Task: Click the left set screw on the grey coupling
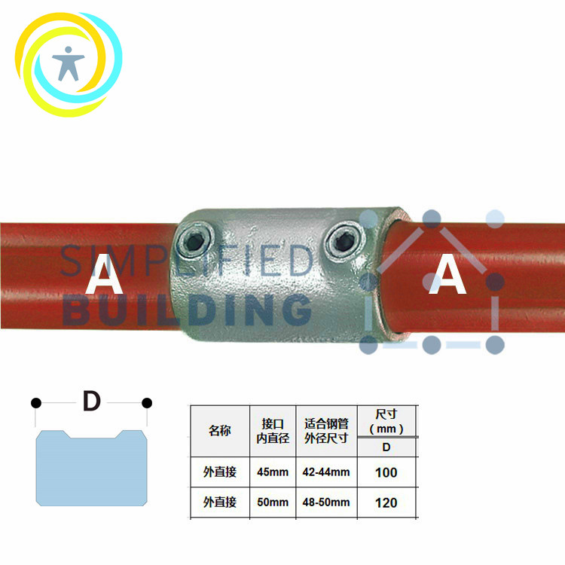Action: coord(194,243)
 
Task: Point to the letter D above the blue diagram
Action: coord(91,402)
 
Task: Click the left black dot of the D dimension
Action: coord(36,403)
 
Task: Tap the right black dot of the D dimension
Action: coord(147,403)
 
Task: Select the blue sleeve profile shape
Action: coord(91,467)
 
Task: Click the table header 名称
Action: coord(219,431)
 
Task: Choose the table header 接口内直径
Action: coord(272,430)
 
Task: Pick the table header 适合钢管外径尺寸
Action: coord(326,430)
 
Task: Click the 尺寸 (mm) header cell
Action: coord(386,421)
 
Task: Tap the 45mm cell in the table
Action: coord(272,472)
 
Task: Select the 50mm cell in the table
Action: coord(272,502)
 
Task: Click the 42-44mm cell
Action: coord(326,472)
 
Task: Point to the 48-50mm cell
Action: coord(326,502)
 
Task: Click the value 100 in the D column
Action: coord(386,472)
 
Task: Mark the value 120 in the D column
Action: coord(386,502)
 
